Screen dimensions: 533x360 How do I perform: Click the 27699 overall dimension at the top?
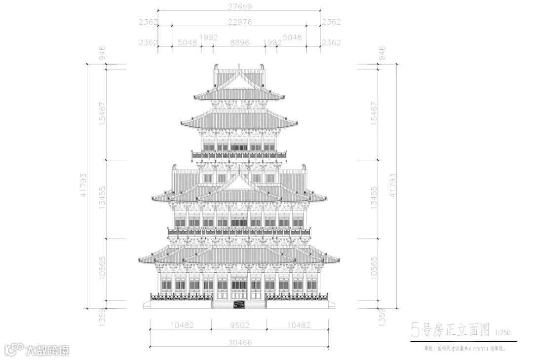pos(239,6)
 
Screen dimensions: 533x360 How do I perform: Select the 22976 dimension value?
pos(239,21)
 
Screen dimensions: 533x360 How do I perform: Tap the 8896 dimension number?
pos(239,42)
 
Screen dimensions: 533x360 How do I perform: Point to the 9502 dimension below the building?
pos(239,325)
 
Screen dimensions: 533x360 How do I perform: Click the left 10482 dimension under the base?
pos(181,325)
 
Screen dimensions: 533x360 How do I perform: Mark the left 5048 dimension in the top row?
pos(188,42)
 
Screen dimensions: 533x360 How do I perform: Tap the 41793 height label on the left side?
pos(83,185)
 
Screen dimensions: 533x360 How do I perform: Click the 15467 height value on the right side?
pos(374,113)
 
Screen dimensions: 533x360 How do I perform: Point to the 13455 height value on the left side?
pos(102,198)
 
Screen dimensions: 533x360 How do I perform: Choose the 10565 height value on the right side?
pos(374,268)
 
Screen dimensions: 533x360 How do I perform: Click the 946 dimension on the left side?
pos(102,53)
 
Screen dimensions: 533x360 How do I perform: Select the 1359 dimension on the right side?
pos(381,316)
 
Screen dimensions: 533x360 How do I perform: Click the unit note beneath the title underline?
pos(464,348)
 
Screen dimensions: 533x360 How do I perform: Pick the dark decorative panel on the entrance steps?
pos(239,304)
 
